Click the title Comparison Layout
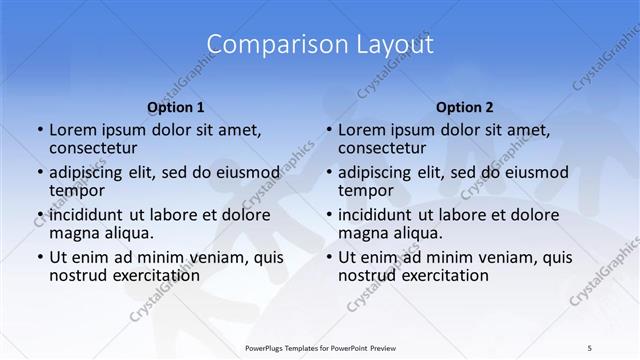click(x=320, y=44)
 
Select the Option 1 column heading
click(x=176, y=106)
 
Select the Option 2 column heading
click(x=465, y=106)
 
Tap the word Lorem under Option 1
click(x=73, y=130)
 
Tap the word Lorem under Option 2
click(x=362, y=130)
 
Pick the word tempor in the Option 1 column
click(x=74, y=190)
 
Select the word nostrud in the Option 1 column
click(x=78, y=275)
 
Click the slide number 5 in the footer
click(x=589, y=348)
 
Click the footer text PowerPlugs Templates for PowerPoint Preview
click(x=320, y=348)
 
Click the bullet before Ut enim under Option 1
click(x=39, y=257)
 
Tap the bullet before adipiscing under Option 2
click(x=328, y=172)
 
